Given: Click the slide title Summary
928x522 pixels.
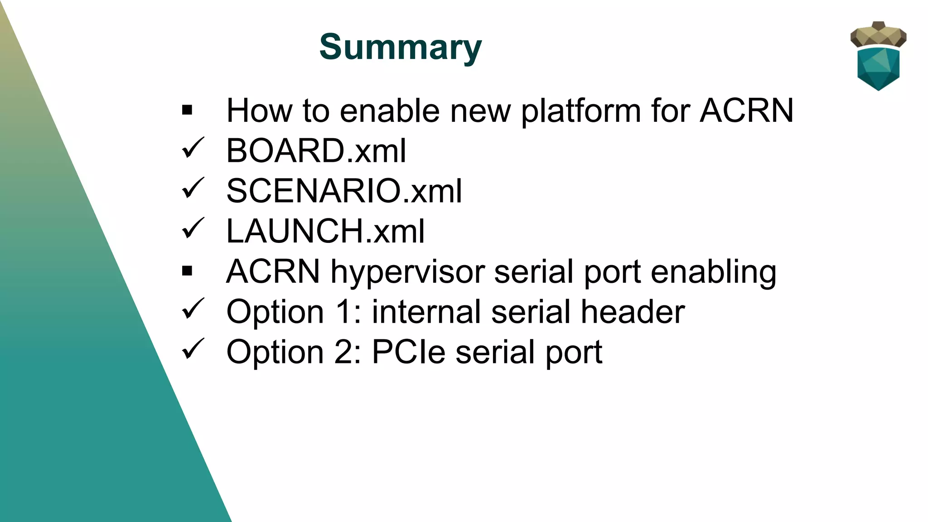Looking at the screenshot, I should pyautogui.click(x=401, y=47).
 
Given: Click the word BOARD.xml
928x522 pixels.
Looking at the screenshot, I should pyautogui.click(x=316, y=151).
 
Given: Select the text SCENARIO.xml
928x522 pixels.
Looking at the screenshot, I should pyautogui.click(x=344, y=191).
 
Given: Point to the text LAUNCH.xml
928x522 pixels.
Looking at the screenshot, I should pyautogui.click(x=325, y=231).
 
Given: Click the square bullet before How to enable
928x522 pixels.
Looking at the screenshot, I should pyautogui.click(x=187, y=110).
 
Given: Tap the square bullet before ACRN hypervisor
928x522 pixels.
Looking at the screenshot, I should pyautogui.click(x=187, y=271).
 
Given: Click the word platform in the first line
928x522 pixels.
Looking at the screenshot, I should pyautogui.click(x=580, y=111).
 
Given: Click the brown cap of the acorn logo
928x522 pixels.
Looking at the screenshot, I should pyautogui.click(x=878, y=34).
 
